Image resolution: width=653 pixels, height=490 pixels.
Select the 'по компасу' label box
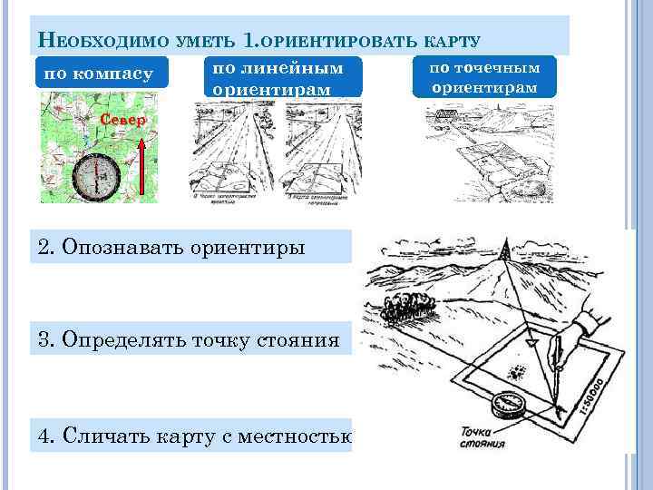(100, 73)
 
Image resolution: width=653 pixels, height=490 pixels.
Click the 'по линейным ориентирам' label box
(284, 78)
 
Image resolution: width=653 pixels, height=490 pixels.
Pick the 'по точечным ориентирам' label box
(484, 77)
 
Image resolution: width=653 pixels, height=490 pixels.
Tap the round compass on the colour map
(93, 177)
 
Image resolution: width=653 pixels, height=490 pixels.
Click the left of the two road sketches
(234, 150)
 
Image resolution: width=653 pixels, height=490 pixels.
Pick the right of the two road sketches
(328, 150)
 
